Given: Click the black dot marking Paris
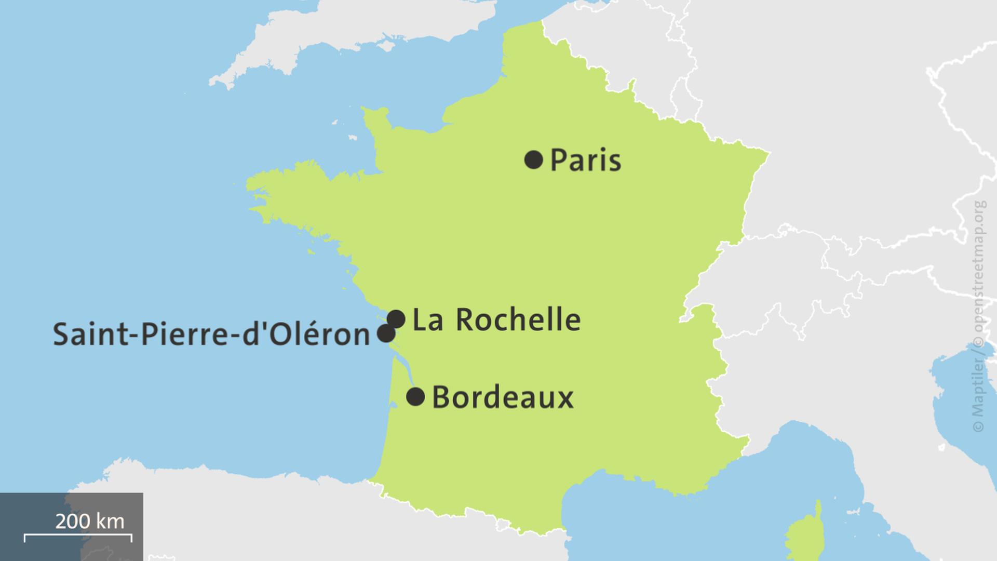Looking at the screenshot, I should [534, 159].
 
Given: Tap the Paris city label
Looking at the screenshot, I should [585, 160].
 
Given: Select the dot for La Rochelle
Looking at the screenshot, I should [396, 319].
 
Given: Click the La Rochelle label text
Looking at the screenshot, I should [496, 319].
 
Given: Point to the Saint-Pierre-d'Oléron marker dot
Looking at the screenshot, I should [386, 333].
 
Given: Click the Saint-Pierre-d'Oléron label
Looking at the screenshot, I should [211, 335].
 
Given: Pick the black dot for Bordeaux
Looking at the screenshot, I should [415, 397].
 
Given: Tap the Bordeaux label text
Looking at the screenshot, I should [503, 398].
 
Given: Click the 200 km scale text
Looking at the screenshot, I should [90, 521].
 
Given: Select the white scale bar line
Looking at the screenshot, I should [78, 535].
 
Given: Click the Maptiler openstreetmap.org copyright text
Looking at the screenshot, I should [979, 317].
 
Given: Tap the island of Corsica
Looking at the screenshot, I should [805, 535].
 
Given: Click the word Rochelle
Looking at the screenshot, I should [518, 319].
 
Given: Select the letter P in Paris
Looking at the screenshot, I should [557, 160].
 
